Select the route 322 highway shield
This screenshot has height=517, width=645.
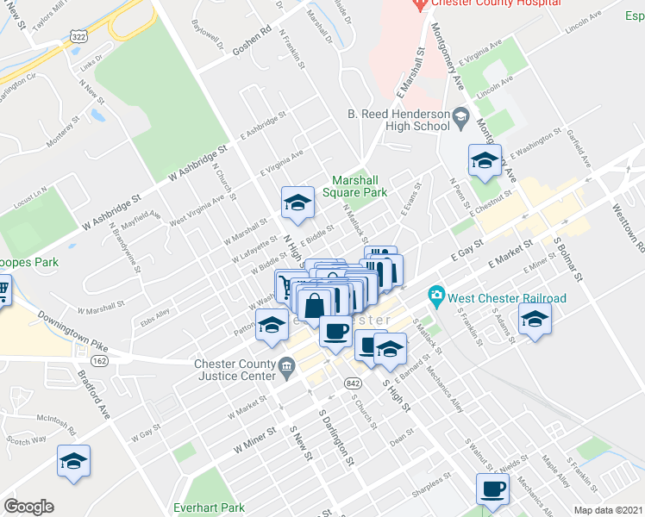click(78, 37)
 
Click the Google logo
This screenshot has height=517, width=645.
click(28, 506)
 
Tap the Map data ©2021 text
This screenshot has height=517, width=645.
click(608, 510)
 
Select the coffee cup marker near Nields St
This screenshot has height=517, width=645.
click(493, 489)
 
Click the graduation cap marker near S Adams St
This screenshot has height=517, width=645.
click(535, 321)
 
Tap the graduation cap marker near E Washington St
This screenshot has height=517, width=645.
click(484, 160)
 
